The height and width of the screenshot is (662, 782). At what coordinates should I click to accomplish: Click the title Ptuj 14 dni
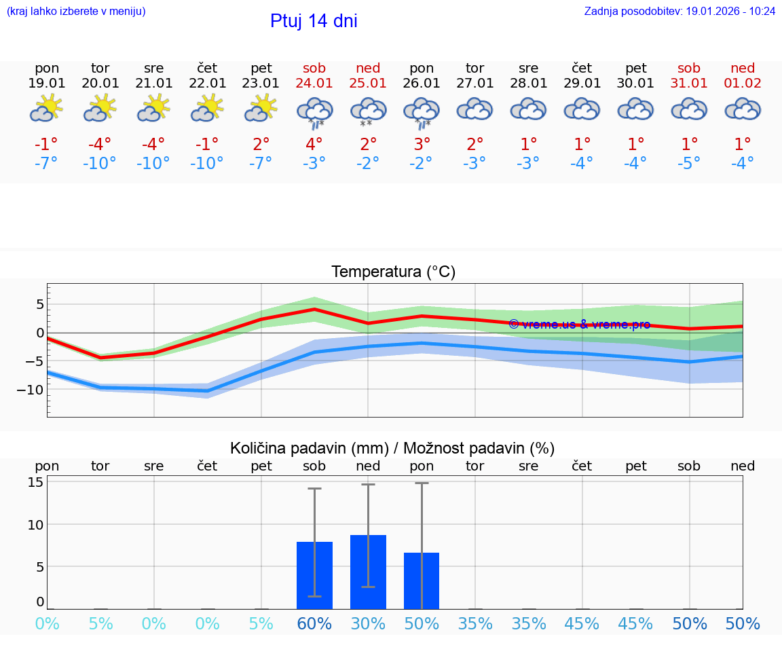coord(314,21)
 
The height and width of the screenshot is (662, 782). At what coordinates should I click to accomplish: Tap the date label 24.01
coord(314,83)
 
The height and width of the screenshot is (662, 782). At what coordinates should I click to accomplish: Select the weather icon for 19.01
coord(47,109)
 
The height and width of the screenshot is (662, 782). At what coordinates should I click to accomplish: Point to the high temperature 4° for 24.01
coord(314,144)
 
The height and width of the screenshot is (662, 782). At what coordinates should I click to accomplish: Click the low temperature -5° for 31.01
coord(689,163)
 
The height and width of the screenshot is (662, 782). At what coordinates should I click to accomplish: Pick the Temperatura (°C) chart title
coord(393,272)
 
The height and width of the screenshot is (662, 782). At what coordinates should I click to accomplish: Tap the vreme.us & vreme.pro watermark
coord(579,325)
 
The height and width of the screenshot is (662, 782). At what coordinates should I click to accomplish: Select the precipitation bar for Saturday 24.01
coord(314,575)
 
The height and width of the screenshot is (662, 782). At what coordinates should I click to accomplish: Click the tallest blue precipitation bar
coord(368,572)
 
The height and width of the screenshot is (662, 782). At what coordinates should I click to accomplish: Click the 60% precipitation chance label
coord(314,624)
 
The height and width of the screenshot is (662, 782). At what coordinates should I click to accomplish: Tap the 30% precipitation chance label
coord(368,624)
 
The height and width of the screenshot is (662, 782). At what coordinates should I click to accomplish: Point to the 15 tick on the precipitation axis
coord(35,482)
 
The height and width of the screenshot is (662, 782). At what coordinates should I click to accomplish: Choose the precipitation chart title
coord(392,448)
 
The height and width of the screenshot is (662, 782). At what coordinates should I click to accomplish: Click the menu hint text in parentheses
coord(76,11)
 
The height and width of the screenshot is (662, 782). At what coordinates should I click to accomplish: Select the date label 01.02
coord(743,83)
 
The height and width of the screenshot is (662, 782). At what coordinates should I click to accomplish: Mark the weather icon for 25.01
coord(368,111)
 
